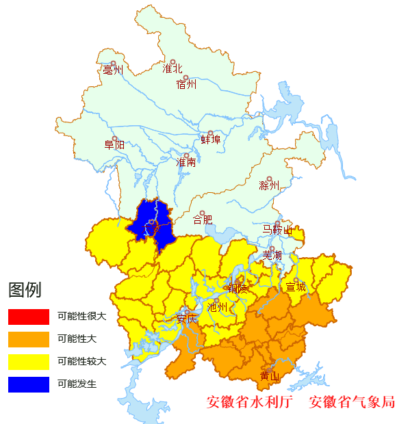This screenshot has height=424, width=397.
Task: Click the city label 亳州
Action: click(x=112, y=70)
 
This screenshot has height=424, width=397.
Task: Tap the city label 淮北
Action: click(x=172, y=68)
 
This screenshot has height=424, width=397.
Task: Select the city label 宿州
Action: click(x=186, y=85)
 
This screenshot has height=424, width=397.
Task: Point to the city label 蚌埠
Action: click(x=211, y=140)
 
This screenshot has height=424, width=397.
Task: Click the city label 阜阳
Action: click(x=114, y=145)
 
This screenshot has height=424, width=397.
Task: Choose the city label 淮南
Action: click(x=186, y=163)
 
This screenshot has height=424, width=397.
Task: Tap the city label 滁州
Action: click(x=269, y=185)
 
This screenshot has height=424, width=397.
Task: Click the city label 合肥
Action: click(x=203, y=220)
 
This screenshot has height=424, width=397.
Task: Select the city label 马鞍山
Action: click(x=277, y=229)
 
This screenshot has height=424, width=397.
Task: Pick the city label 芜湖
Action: click(x=272, y=255)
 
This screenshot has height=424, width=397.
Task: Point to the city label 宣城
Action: click(x=296, y=287)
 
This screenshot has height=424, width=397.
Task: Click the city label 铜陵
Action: click(x=238, y=289)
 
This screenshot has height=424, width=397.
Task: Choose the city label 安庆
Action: click(x=186, y=319)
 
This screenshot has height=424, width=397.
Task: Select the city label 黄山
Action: click(x=270, y=376)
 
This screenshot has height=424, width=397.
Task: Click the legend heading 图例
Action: click(x=25, y=291)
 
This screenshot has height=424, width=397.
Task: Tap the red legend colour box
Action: click(x=29, y=317)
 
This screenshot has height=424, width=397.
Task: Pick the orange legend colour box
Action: click(x=29, y=339)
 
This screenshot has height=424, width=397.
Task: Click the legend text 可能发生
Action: click(x=77, y=384)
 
